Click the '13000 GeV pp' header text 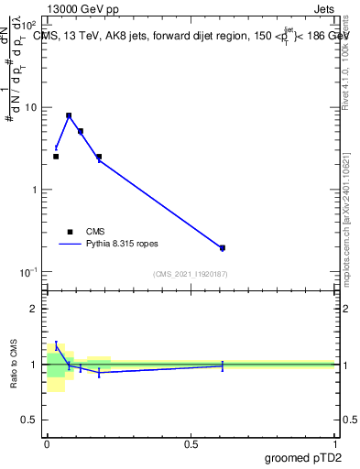pos(83,8)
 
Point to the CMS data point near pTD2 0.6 pos(223,247)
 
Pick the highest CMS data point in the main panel pos(69,116)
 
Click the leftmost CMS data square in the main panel pos(56,157)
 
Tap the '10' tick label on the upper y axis pos(31,107)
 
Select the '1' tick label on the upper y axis pos(35,190)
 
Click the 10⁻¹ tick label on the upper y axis pos(29,272)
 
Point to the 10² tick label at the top pos(29,25)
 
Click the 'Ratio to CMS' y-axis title pos(14,364)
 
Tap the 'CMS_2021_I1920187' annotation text pos(191,274)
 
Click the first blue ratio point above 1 pos(56,345)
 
